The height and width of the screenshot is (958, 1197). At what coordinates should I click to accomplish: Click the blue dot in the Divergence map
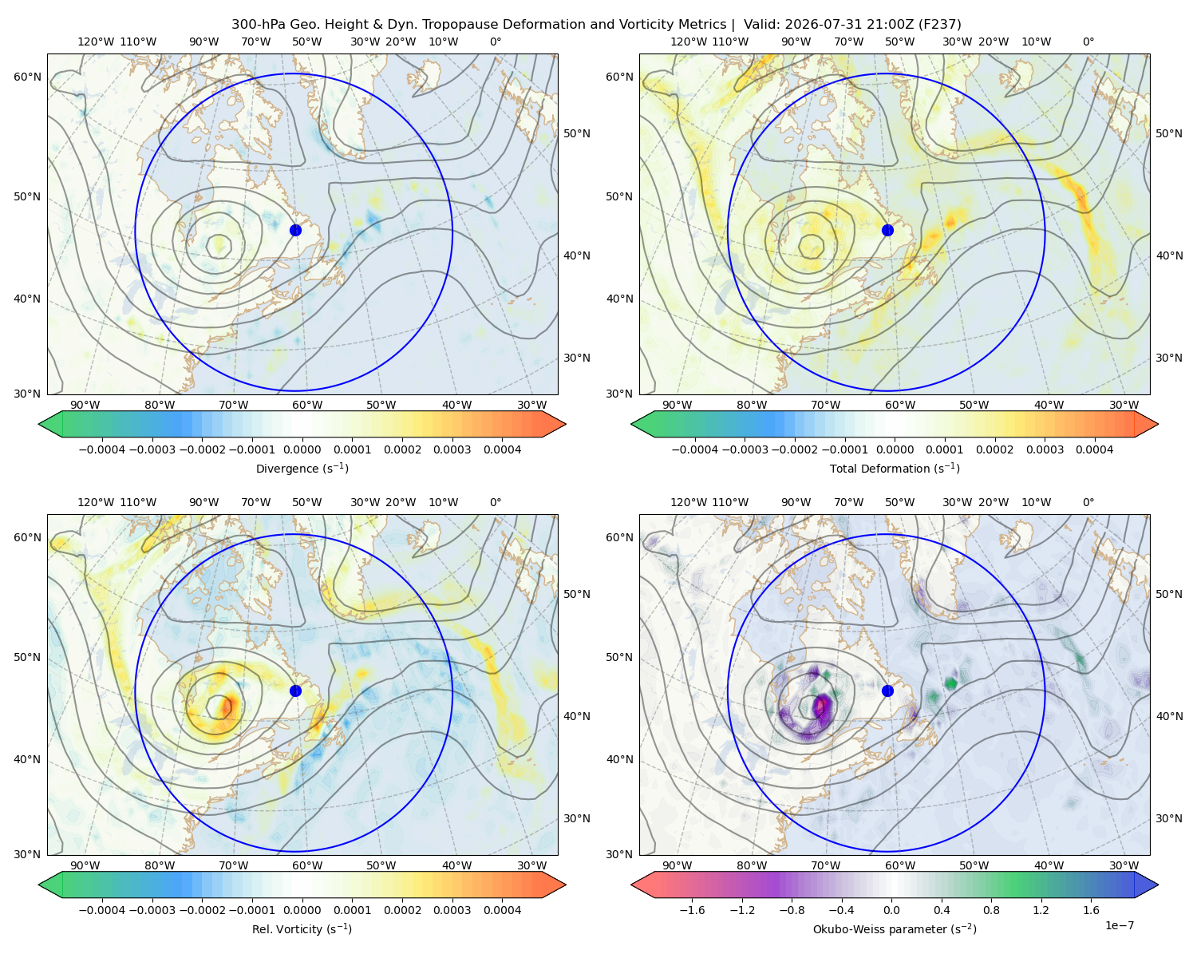pos(295,230)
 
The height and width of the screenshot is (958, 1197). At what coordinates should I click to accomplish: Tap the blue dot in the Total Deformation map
pos(887,230)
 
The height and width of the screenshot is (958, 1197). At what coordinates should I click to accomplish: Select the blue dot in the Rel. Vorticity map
pos(295,691)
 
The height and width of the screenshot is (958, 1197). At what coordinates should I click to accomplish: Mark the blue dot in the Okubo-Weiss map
pos(887,691)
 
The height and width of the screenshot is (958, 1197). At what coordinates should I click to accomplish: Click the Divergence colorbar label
pos(302,468)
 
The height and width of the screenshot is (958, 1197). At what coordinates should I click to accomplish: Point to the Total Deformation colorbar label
pos(895,468)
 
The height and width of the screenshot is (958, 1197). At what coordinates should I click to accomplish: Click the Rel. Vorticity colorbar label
pos(302,929)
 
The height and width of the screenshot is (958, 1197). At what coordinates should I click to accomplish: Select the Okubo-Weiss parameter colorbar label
pos(895,929)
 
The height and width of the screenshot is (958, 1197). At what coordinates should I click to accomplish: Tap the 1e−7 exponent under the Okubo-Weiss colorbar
pos(1119,925)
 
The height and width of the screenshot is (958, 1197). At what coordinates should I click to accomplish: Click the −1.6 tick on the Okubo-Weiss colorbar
pos(692,910)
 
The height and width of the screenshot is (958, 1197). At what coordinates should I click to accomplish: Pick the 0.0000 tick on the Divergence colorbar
pos(302,449)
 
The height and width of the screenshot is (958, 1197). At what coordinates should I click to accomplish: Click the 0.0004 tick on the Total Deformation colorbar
pos(1094,449)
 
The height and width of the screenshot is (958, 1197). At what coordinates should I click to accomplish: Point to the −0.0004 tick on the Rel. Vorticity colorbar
pos(102,910)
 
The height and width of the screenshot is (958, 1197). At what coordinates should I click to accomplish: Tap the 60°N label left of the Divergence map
pos(27,77)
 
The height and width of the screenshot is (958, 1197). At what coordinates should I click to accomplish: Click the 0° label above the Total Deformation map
pos(1088,42)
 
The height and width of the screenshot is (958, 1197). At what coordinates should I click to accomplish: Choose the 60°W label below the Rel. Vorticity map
pos(307,865)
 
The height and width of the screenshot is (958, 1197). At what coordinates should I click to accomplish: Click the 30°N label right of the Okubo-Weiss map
pos(1169,818)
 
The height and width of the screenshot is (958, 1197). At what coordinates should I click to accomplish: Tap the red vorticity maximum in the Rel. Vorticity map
pos(227,707)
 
